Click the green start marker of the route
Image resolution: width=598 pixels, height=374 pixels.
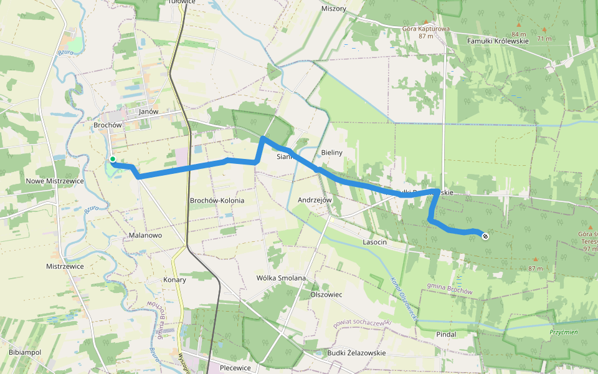pos(113,159)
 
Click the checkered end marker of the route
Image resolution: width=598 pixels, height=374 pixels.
pos(485,236)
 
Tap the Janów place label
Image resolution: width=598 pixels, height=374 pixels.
pos(149,112)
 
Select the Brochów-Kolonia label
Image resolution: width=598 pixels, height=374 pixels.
pos(217,201)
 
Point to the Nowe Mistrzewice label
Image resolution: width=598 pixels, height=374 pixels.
pos(55,181)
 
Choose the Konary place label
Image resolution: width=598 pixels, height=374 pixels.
pos(175,280)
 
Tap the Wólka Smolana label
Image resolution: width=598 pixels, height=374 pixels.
pos(282,278)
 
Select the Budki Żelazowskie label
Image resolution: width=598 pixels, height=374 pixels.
pos(356,353)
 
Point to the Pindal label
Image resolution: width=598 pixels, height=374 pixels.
pos(446,334)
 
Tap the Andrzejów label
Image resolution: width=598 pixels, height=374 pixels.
pos(316,200)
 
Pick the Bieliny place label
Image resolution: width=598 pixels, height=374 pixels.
pos(333,152)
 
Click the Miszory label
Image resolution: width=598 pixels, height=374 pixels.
pos(333,9)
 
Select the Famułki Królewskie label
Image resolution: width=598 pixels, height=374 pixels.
pos(498,41)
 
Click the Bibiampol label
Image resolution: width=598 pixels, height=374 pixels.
pos(25,353)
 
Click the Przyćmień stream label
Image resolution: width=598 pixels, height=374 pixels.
pos(564,332)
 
